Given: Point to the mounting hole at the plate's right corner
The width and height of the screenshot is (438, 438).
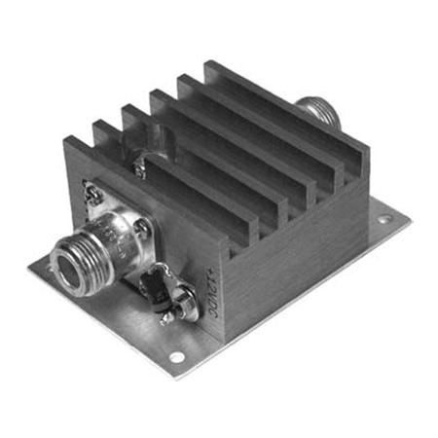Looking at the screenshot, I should (x=383, y=220).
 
